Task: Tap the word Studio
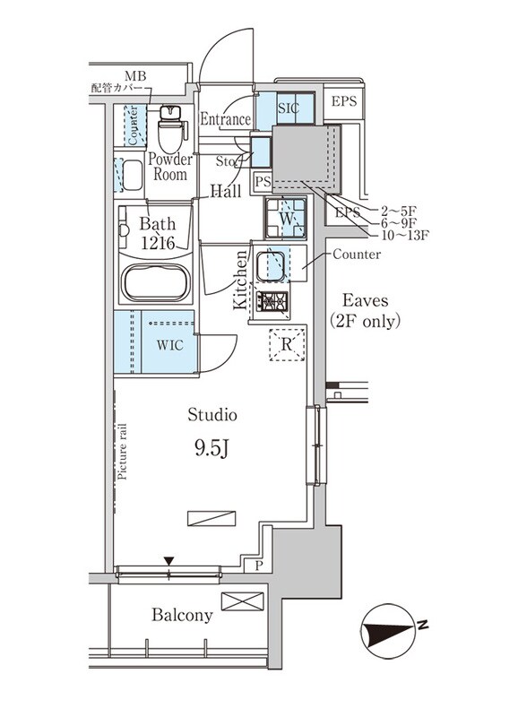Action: pyautogui.click(x=212, y=414)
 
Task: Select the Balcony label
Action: pyautogui.click(x=182, y=616)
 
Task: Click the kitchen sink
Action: pyautogui.click(x=272, y=266)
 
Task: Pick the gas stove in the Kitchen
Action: pyautogui.click(x=272, y=302)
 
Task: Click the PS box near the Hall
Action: pyautogui.click(x=262, y=182)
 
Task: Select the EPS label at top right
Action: pyautogui.click(x=344, y=101)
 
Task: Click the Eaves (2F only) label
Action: pyautogui.click(x=364, y=311)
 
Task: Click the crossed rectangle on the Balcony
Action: pyautogui.click(x=243, y=601)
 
